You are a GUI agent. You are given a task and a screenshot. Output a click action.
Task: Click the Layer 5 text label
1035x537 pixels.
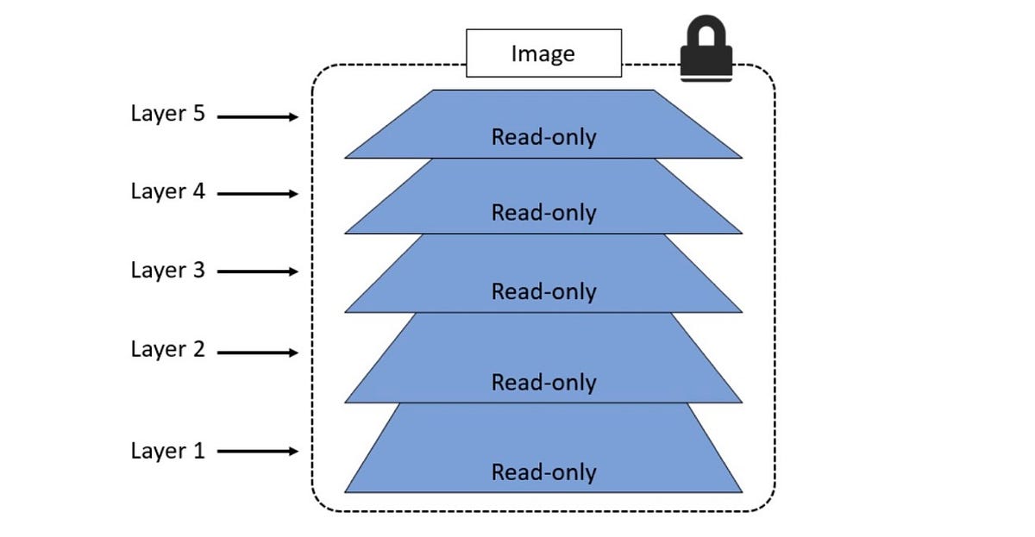click(x=167, y=114)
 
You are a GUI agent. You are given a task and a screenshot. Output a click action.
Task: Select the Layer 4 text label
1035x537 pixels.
click(x=167, y=191)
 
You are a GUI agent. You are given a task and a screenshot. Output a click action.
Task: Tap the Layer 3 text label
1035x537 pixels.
click(x=167, y=270)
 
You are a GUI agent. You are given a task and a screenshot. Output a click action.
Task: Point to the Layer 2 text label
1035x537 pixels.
click(x=167, y=349)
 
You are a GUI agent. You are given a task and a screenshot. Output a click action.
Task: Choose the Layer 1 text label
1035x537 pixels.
click(x=167, y=450)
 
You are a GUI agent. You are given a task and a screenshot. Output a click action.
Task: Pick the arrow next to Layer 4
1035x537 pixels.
click(x=257, y=195)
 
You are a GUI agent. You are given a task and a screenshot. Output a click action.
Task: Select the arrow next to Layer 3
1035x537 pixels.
click(x=257, y=272)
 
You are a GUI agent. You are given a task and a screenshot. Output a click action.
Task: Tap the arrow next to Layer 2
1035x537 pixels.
click(x=257, y=353)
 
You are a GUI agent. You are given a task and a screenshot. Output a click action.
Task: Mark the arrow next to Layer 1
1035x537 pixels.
click(x=257, y=451)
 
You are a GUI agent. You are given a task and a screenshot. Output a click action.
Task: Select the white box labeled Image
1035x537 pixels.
click(x=543, y=53)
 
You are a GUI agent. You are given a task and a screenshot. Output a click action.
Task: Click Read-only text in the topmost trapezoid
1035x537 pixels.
click(x=543, y=137)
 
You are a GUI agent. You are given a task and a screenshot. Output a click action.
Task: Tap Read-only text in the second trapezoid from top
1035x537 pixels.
click(x=543, y=213)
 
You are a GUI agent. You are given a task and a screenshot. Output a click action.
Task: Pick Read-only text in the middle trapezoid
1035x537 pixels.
click(x=543, y=291)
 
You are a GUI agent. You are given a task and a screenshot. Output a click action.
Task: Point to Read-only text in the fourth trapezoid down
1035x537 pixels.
click(x=543, y=382)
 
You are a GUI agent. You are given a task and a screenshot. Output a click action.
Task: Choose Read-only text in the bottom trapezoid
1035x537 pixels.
click(x=543, y=472)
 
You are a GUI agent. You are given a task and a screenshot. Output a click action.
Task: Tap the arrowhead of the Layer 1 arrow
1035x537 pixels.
click(x=293, y=451)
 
